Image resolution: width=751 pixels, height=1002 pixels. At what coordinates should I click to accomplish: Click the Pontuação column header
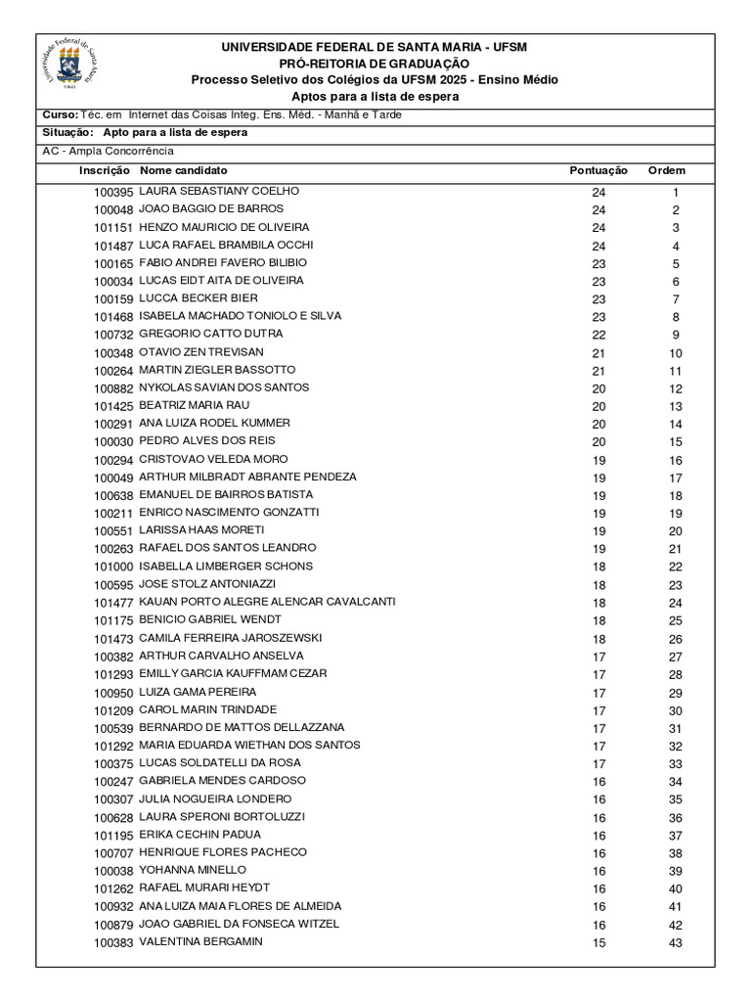(x=598, y=170)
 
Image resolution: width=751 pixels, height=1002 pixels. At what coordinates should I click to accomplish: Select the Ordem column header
(x=667, y=170)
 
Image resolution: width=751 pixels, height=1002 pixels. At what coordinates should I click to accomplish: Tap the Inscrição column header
(x=105, y=170)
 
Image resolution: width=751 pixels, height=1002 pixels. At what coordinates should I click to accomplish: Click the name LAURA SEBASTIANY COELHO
(x=219, y=191)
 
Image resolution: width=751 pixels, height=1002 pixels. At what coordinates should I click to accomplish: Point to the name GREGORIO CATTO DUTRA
(x=211, y=334)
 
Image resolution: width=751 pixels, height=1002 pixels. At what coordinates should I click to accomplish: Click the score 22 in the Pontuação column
(x=598, y=335)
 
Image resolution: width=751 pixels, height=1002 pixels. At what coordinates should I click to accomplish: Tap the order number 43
(x=675, y=943)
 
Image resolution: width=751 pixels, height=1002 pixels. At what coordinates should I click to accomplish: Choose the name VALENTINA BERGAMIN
(x=200, y=941)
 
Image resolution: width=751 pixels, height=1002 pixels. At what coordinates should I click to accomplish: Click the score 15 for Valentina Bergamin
(x=598, y=943)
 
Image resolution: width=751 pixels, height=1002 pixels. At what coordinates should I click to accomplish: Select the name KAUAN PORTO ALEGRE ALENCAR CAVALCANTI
(x=267, y=602)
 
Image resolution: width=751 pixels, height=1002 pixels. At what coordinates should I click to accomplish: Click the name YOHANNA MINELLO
(x=193, y=870)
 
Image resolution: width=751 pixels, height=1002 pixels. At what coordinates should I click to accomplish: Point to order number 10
(x=675, y=353)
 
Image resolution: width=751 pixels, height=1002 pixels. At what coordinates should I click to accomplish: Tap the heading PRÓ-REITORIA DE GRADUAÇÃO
(x=375, y=64)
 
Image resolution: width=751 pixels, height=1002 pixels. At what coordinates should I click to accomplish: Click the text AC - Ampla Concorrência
(x=108, y=151)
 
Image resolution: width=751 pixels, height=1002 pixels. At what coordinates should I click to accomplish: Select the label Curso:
(x=60, y=114)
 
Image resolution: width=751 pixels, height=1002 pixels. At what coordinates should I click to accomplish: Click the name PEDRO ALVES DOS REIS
(x=206, y=440)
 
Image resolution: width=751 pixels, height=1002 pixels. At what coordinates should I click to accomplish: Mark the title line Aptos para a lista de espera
(x=375, y=97)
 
